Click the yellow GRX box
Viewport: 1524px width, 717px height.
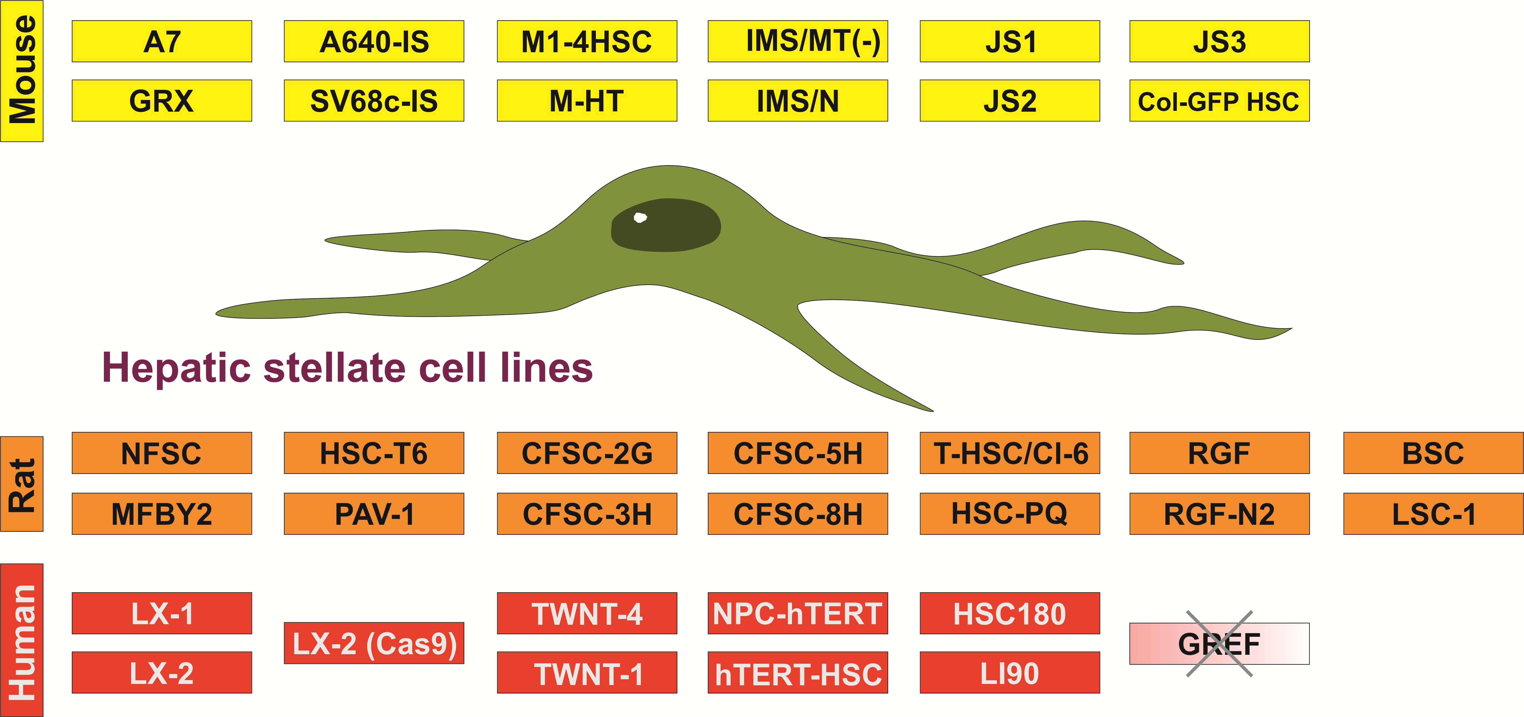pyautogui.click(x=161, y=101)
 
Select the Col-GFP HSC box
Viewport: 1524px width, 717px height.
pyautogui.click(x=1219, y=101)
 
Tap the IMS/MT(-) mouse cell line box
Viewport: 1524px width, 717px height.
pyautogui.click(x=798, y=41)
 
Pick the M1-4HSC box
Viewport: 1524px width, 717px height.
pyautogui.click(x=587, y=41)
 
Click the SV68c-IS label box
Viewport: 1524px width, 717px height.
pyautogui.click(x=374, y=101)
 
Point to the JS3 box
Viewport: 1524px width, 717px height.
pyautogui.click(x=1219, y=41)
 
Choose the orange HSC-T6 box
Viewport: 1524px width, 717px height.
pyautogui.click(x=374, y=453)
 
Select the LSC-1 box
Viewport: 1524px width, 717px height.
pyautogui.click(x=1433, y=513)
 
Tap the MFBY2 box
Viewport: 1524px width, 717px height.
pyautogui.click(x=161, y=513)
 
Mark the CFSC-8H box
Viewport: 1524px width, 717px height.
pyautogui.click(x=798, y=513)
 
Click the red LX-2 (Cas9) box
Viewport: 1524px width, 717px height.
pyautogui.click(x=374, y=643)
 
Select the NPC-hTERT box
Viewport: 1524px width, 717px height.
pyautogui.click(x=798, y=613)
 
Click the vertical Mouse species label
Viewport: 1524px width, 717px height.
pyautogui.click(x=22, y=71)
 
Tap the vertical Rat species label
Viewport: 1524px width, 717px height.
pyautogui.click(x=22, y=484)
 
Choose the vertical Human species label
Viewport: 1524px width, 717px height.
pyautogui.click(x=22, y=640)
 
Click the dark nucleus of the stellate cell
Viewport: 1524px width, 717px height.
pyautogui.click(x=666, y=225)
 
